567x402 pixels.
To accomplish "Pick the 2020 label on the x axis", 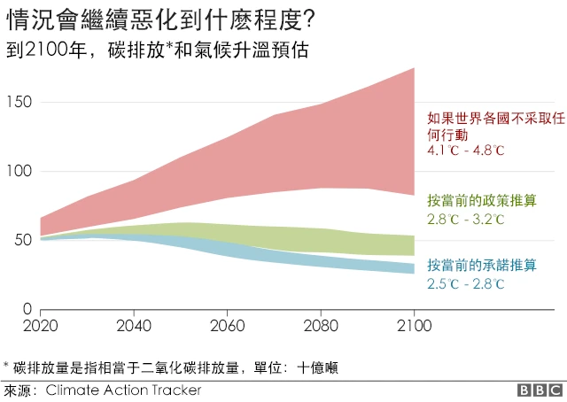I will point(41,324).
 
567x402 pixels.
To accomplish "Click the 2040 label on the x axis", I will point(134,324).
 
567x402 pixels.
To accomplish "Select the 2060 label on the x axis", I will point(228,324).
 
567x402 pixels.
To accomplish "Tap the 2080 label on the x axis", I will point(321,324).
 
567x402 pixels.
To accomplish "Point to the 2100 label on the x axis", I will point(414,324).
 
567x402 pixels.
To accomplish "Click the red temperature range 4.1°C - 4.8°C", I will point(466,151).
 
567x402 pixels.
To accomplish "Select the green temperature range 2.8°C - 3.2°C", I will point(466,219).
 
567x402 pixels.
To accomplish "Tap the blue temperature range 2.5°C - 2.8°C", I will point(466,284).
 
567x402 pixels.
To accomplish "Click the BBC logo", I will point(540,390).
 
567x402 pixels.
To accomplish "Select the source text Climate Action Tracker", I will point(123,390).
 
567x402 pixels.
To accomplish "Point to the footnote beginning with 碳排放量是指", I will point(173,367).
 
